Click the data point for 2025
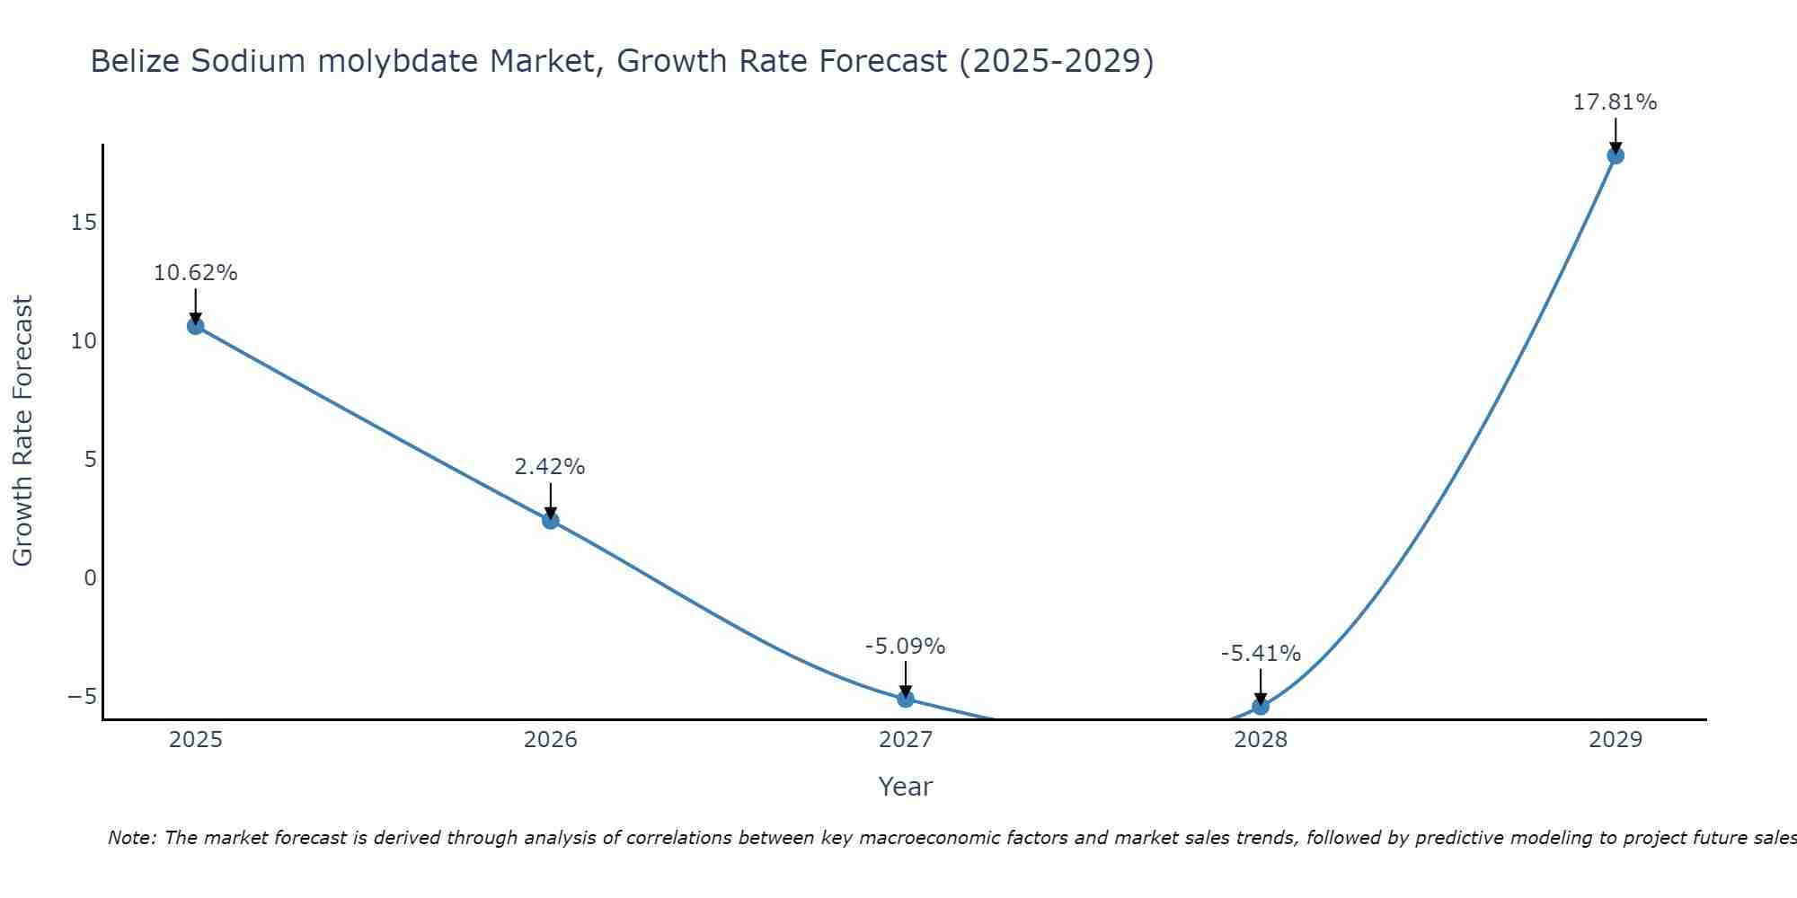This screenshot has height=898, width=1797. pos(195,326)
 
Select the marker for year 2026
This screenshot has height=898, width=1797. pos(551,520)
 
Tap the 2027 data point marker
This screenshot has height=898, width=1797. pos(906,699)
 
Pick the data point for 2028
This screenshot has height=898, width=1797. pos(1261,706)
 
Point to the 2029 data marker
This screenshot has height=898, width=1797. pos(1616,155)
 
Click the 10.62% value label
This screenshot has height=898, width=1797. pos(195,273)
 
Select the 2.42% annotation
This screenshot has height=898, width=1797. pos(550,467)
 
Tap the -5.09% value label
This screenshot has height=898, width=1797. pos(905,647)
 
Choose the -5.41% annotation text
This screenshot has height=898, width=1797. pos(1261,654)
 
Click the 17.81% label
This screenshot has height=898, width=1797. pos(1615,102)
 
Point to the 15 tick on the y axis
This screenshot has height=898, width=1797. pos(84,222)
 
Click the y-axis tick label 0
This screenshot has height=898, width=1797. pos(90,577)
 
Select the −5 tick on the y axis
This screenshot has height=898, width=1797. pos(83,696)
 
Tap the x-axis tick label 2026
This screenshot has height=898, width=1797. pos(551,740)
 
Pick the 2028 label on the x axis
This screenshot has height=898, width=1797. pos(1261,740)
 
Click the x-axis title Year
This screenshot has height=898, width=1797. pos(905,787)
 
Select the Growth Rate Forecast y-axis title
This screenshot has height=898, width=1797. pos(22,430)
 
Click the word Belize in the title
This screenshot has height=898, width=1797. pos(135,62)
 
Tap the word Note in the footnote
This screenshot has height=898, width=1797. pos(131,838)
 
